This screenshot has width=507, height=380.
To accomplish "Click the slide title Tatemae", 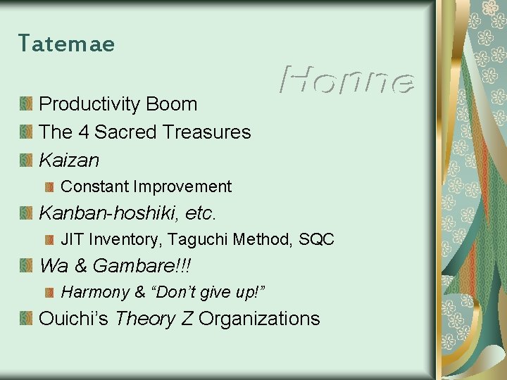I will [x=66, y=44].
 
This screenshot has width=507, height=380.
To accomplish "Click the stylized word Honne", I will [x=346, y=80].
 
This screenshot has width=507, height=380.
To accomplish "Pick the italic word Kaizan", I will [x=69, y=160].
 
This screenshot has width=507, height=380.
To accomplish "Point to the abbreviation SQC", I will [x=316, y=239].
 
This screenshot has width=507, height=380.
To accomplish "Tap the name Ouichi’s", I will [x=74, y=319].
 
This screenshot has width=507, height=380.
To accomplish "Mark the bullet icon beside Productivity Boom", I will [x=26, y=105].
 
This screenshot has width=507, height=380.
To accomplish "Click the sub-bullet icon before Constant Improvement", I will [x=50, y=187].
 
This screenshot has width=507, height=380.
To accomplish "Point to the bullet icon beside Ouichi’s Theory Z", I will [x=26, y=319].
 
